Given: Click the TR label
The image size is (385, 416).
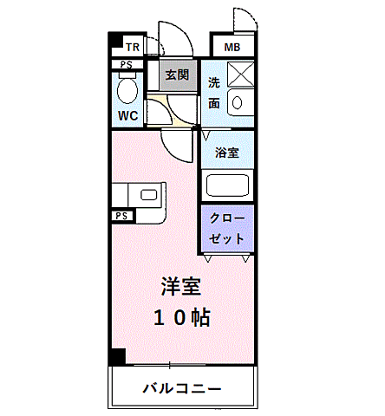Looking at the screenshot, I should [133, 47].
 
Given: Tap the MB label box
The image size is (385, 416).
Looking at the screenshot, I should [232, 47].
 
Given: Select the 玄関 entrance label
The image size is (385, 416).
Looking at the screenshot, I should [178, 75].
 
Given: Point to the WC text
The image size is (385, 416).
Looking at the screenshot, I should [127, 114].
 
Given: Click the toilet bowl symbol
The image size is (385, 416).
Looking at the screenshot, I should [127, 88].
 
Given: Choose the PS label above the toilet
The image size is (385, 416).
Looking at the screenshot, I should [126, 64].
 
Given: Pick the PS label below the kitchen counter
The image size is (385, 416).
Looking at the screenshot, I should [121, 215].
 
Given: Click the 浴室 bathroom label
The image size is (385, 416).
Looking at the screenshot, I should [226, 153].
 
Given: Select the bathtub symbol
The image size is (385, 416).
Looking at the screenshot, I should [226, 185].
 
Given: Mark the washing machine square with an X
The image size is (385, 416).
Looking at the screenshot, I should [240, 74].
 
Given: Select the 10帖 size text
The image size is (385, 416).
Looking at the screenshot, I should [182, 317].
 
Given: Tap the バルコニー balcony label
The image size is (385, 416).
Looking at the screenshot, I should [182, 387].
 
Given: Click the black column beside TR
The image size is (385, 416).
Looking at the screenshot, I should [114, 42].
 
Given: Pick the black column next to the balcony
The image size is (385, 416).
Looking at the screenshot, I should [116, 356].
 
